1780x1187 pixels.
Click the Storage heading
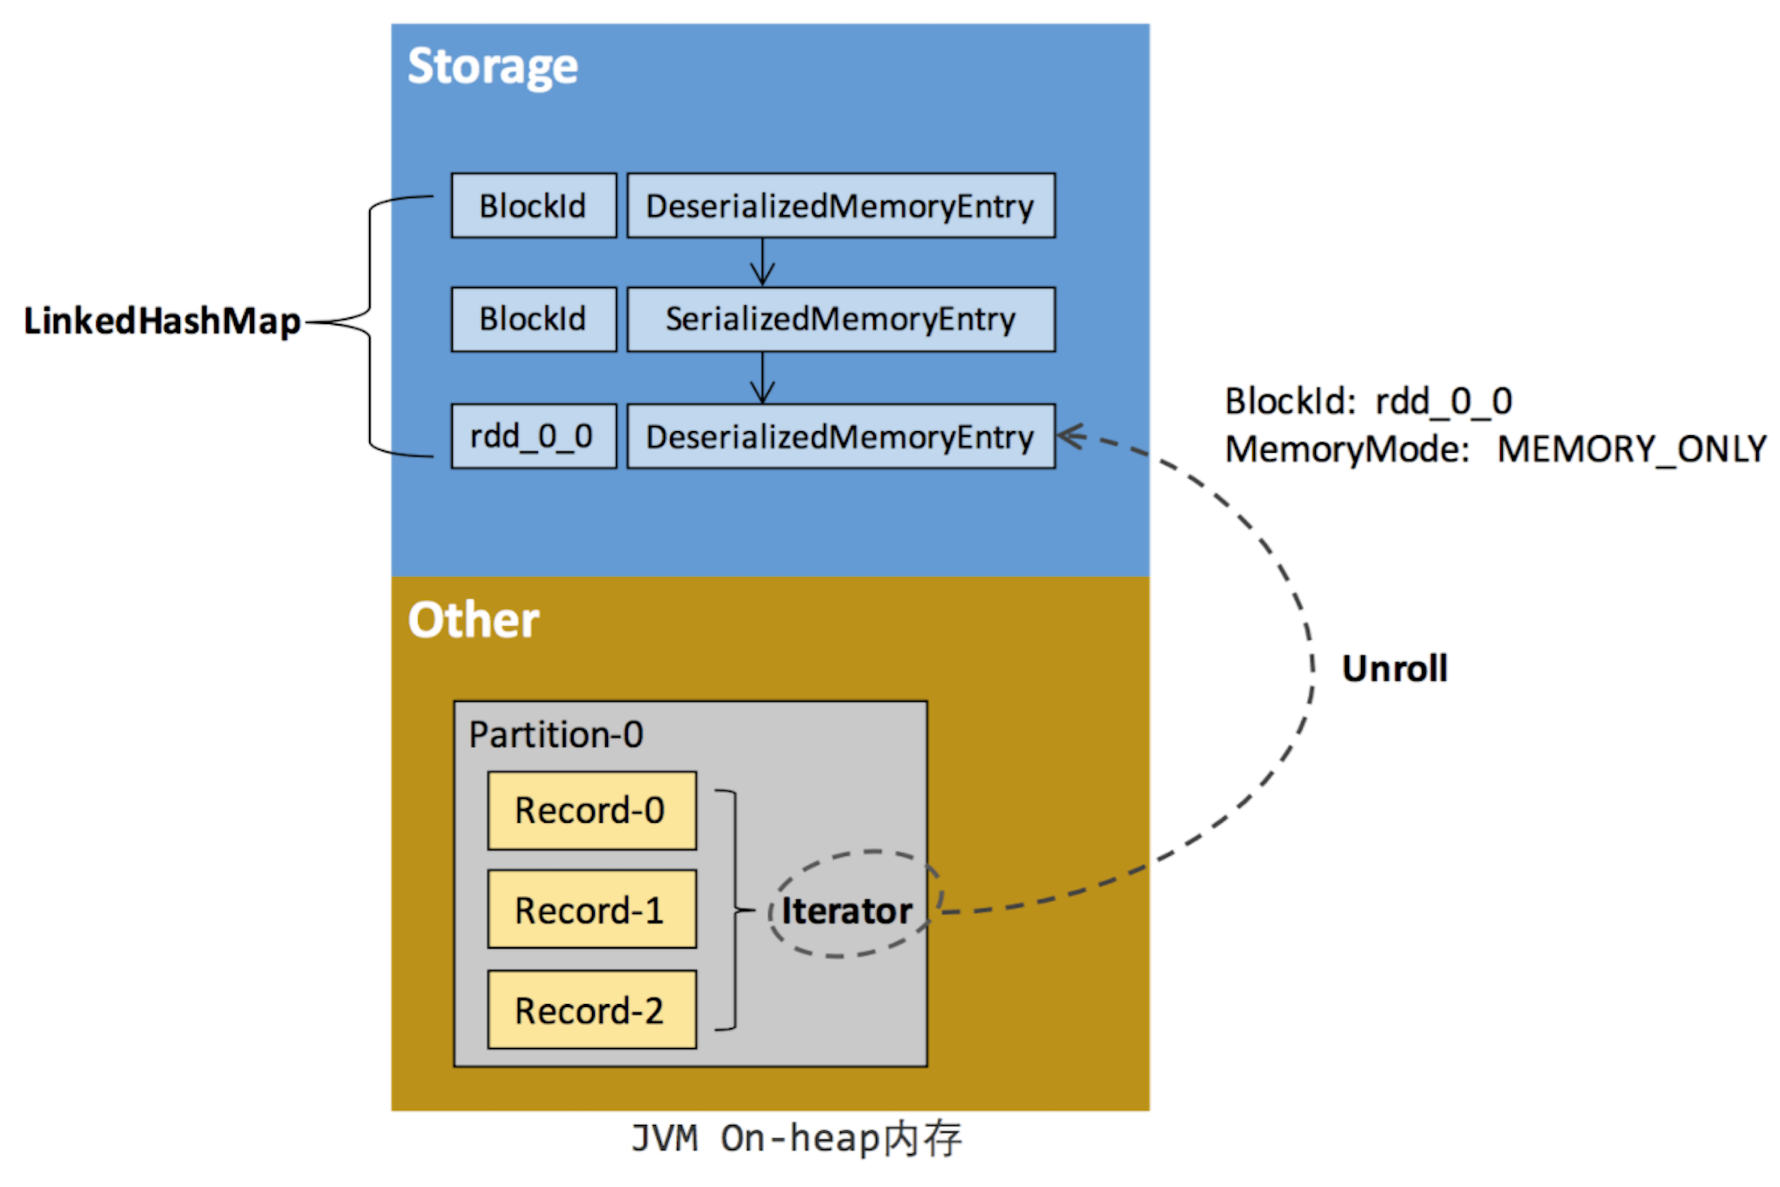click(x=493, y=67)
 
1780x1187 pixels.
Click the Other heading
click(x=474, y=620)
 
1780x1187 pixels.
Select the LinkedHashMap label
click(x=162, y=321)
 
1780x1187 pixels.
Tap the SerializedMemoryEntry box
click(x=841, y=319)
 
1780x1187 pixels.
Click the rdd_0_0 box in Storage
click(x=534, y=436)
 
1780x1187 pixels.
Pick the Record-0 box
click(x=592, y=811)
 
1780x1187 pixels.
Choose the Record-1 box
click(x=592, y=910)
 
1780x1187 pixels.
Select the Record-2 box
click(x=592, y=1010)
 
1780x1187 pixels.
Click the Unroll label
click(x=1394, y=669)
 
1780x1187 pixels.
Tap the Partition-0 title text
click(x=556, y=735)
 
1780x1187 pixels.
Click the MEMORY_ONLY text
click(x=1631, y=449)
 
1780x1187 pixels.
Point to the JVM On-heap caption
click(x=797, y=1138)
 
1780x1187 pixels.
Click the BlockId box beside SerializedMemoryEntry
click(x=534, y=319)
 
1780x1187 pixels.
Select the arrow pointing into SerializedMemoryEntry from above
click(x=762, y=262)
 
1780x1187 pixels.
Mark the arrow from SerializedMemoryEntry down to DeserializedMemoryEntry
click(x=762, y=378)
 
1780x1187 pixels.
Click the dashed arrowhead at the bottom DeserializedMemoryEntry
click(x=1070, y=435)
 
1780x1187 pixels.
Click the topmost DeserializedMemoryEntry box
click(x=841, y=206)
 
